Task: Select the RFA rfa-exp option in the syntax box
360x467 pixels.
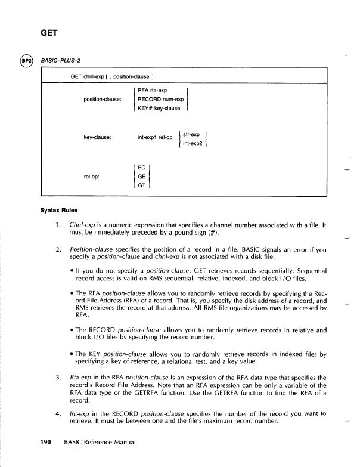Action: tap(153, 91)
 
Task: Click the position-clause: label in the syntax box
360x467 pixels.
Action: tap(103, 99)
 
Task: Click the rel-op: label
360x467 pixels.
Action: tap(91, 177)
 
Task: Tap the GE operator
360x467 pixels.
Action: tap(141, 177)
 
